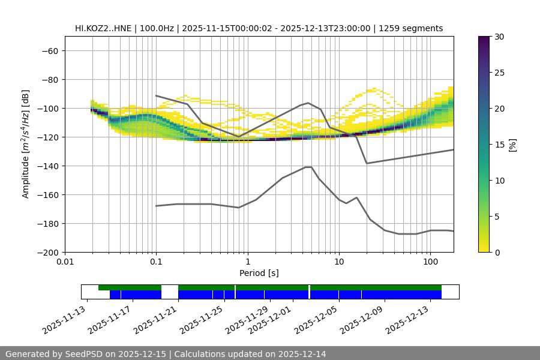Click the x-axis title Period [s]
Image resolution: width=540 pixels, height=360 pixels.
pyautogui.click(x=259, y=273)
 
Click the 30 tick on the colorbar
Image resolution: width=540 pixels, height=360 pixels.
pyautogui.click(x=499, y=37)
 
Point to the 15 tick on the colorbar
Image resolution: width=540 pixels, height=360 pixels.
pyautogui.click(x=499, y=145)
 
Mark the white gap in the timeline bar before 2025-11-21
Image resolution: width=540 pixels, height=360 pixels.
pyautogui.click(x=170, y=292)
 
